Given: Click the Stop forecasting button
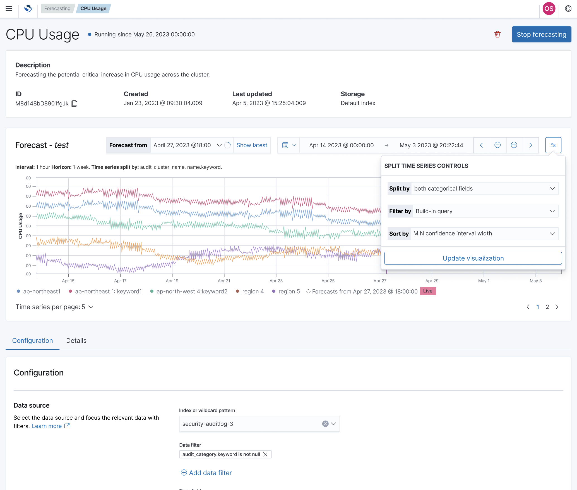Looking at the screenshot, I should pyautogui.click(x=541, y=34).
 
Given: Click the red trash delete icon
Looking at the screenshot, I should pyautogui.click(x=497, y=34).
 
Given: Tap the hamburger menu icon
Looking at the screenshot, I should pyautogui.click(x=9, y=9).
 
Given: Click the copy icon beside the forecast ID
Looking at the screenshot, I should pyautogui.click(x=74, y=104).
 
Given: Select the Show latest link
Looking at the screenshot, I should pyautogui.click(x=252, y=145).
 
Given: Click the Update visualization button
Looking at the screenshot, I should pyautogui.click(x=473, y=258).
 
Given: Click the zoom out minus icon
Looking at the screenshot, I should pyautogui.click(x=497, y=145).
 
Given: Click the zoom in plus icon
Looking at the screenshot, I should pyautogui.click(x=514, y=145).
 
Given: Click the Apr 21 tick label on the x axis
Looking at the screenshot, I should pyautogui.click(x=224, y=281).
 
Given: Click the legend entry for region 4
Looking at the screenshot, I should pyautogui.click(x=253, y=291).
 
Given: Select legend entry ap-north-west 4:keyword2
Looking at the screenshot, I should pyautogui.click(x=191, y=291).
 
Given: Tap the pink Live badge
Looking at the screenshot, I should pyautogui.click(x=427, y=291).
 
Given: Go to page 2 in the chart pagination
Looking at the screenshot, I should pyautogui.click(x=547, y=307).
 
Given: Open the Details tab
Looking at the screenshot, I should pyautogui.click(x=76, y=340).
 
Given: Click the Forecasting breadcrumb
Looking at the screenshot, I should pyautogui.click(x=57, y=8).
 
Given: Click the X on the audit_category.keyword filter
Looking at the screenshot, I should pyautogui.click(x=265, y=454).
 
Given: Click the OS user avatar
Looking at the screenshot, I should pyautogui.click(x=549, y=9).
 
